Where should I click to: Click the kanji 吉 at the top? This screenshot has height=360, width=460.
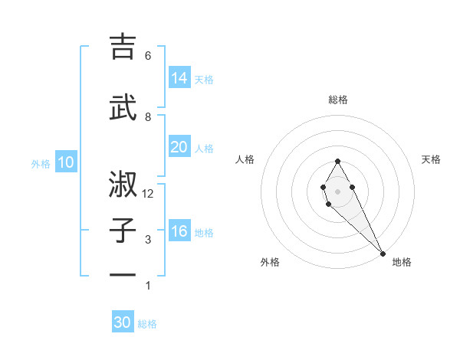(x=123, y=47)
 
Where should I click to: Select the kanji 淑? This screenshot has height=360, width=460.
(x=123, y=185)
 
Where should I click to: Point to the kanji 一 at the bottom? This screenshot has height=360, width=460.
(x=123, y=274)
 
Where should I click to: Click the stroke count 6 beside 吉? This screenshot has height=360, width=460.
(x=148, y=56)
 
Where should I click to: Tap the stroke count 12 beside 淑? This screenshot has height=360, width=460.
(x=148, y=194)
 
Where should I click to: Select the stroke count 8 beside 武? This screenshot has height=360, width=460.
(x=148, y=116)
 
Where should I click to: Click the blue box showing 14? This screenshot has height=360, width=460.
(x=179, y=78)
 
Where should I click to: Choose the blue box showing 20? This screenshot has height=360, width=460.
(x=179, y=147)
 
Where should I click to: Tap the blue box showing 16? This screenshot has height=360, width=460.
(x=179, y=232)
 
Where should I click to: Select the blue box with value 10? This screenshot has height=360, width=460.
(x=66, y=162)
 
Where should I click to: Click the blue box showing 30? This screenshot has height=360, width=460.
(x=123, y=322)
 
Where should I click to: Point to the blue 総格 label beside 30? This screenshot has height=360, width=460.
(x=148, y=324)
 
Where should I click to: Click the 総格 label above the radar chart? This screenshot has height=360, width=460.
(x=338, y=100)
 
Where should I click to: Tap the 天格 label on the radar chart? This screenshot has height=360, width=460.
(x=431, y=159)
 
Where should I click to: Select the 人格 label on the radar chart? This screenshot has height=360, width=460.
(x=245, y=159)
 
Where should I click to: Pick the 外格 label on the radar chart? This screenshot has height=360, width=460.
(x=270, y=262)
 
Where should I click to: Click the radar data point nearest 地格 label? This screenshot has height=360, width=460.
(x=383, y=253)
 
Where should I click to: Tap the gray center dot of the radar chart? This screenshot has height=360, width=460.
(x=338, y=191)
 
